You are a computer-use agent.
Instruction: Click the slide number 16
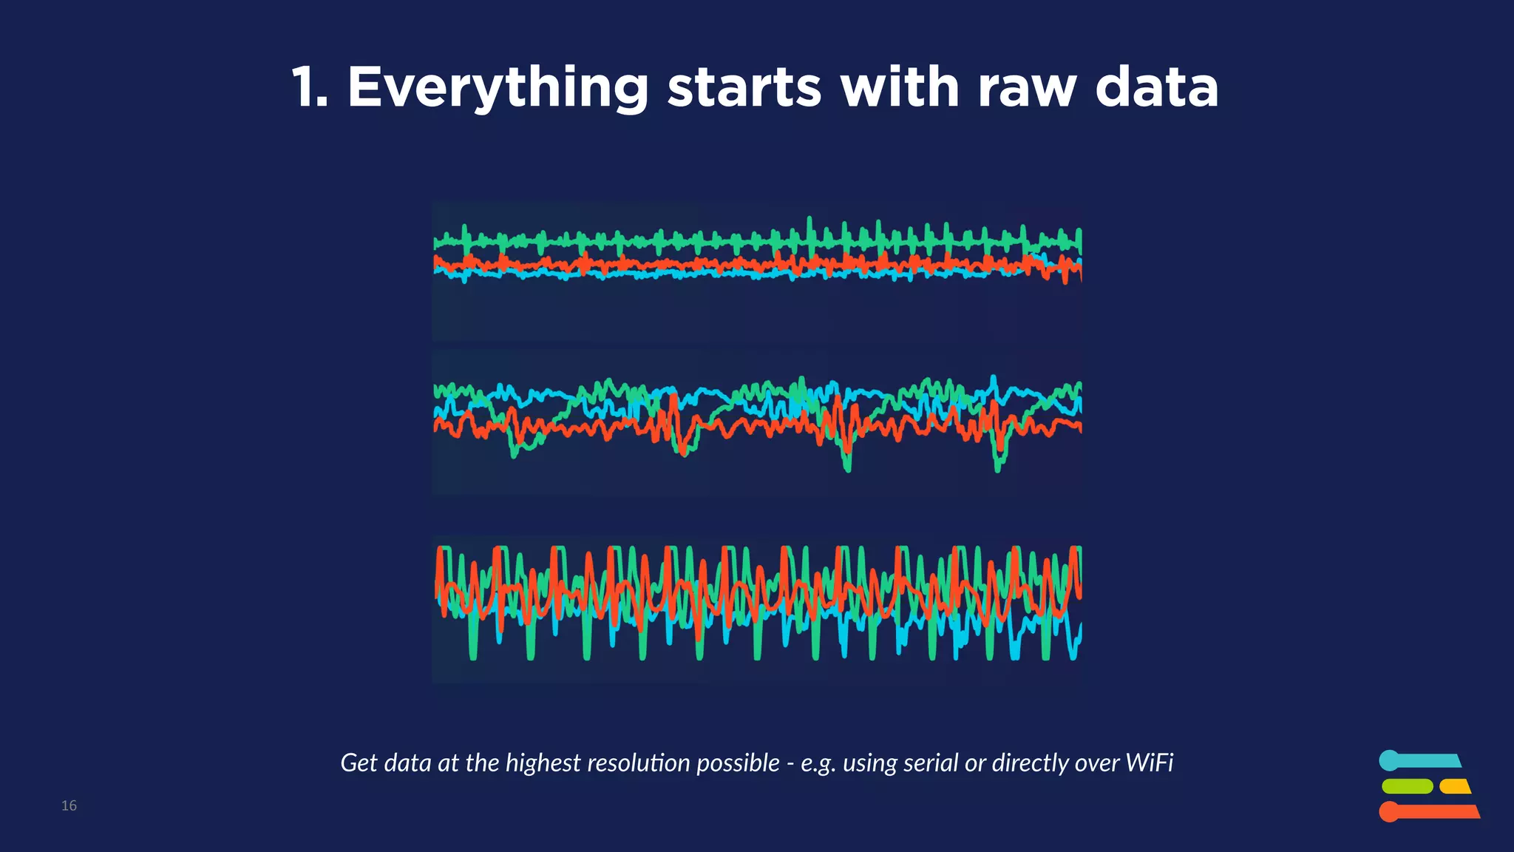[69, 805]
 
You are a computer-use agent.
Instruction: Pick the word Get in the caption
[359, 763]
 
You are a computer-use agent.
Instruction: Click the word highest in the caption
[543, 763]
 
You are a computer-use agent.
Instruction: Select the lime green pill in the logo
[1407, 786]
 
